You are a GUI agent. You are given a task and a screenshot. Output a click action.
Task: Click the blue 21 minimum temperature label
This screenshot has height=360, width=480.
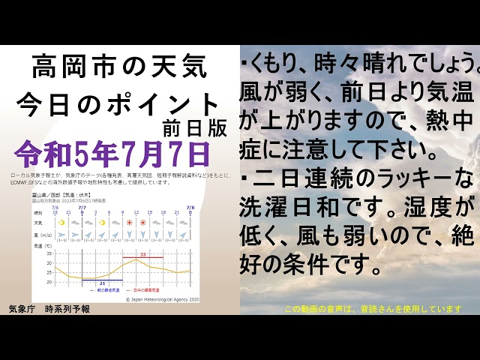click(102, 283)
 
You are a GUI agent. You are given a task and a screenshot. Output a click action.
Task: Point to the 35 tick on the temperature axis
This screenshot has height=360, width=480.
click(49, 253)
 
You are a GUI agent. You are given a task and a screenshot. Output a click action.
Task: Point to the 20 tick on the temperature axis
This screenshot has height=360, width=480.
click(49, 282)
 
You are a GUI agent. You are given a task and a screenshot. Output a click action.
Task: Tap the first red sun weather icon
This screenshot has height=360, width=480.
click(129, 223)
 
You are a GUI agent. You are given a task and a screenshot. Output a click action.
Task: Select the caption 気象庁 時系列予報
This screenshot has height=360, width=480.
click(49, 308)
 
